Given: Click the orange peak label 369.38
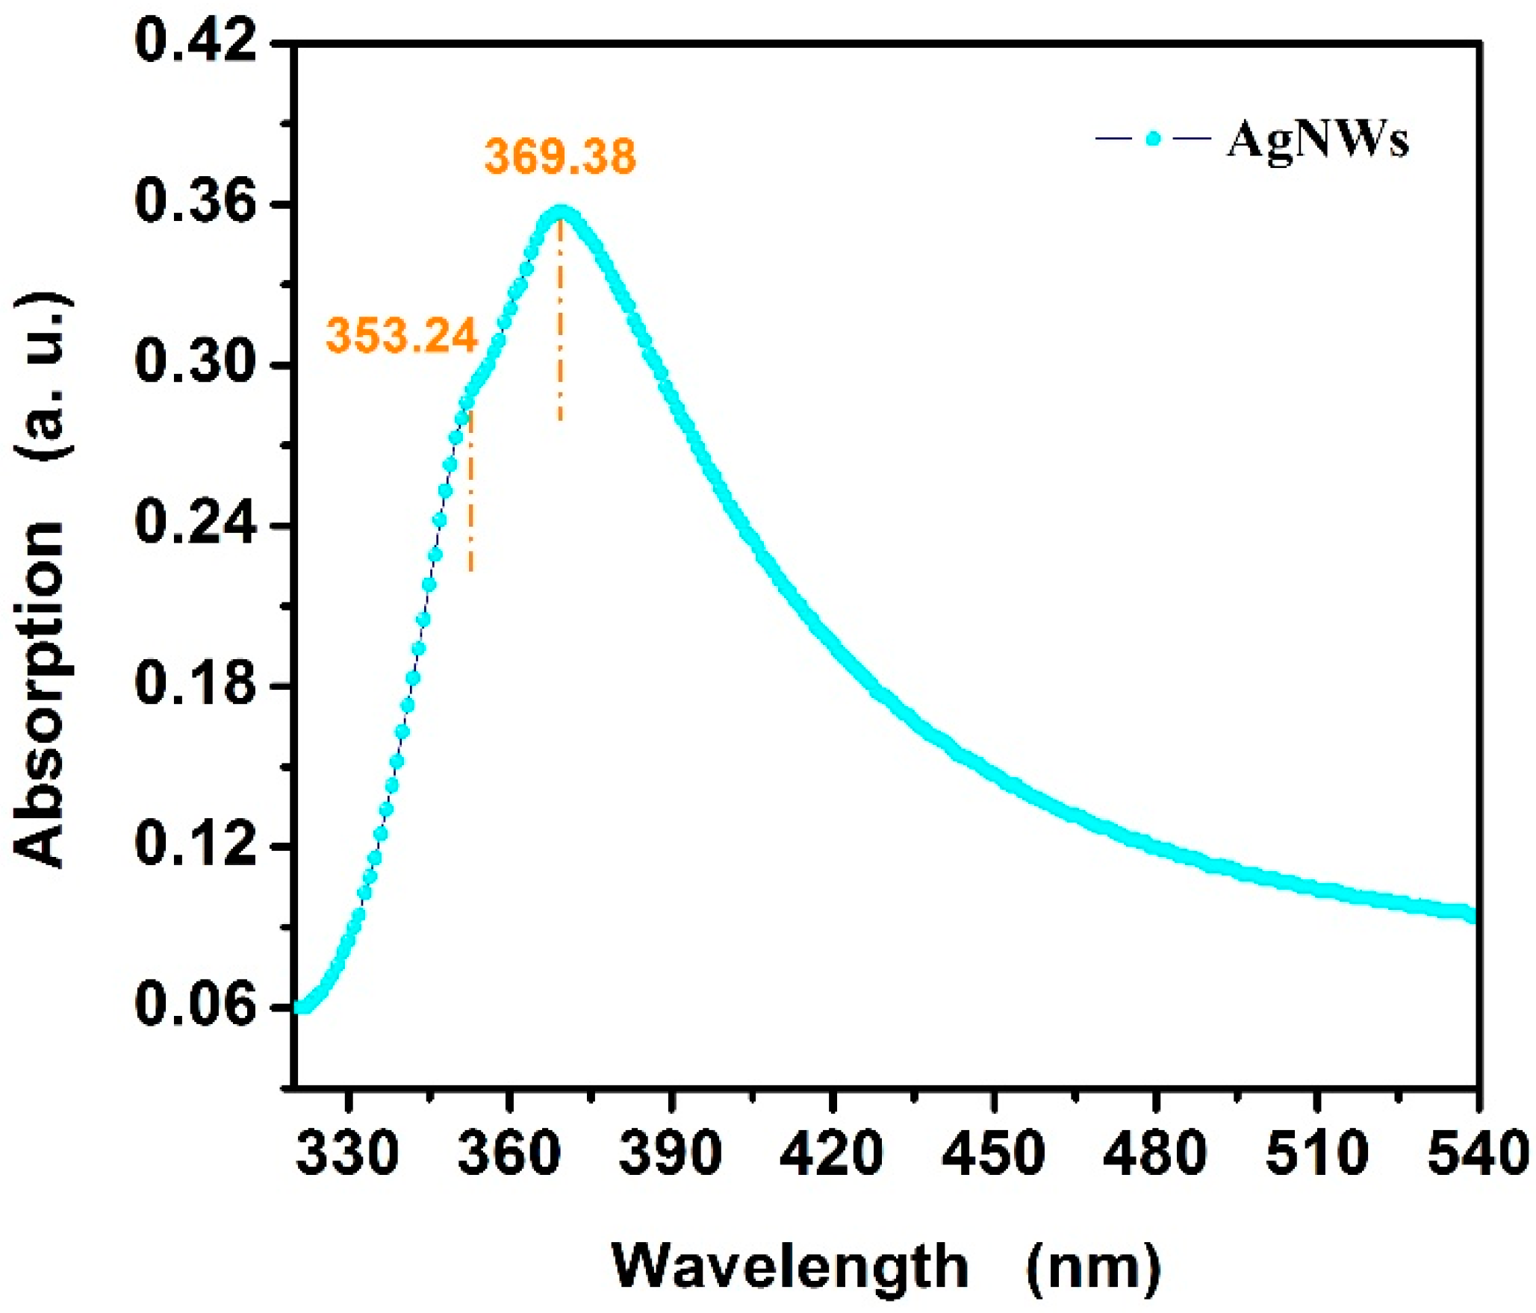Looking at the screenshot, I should (560, 157).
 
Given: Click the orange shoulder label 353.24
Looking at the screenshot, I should (401, 336).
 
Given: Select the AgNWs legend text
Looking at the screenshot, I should (1317, 140).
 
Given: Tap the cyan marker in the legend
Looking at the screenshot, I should (1154, 138).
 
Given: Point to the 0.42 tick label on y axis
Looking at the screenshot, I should (196, 42).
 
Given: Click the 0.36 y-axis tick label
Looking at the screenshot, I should (196, 203).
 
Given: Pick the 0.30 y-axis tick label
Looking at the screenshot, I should (196, 364).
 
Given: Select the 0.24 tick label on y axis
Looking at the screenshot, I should (196, 525).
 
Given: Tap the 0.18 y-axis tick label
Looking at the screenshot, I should (196, 684).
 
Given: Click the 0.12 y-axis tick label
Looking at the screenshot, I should (196, 846).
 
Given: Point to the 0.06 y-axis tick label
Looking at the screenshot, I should (196, 1006).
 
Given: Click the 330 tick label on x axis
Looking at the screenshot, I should (347, 1153).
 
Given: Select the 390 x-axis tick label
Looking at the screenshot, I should (671, 1153).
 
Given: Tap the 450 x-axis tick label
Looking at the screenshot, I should (993, 1153).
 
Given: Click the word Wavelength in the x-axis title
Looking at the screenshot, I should (790, 1266).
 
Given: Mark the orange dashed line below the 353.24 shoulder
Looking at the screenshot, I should (470, 493).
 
